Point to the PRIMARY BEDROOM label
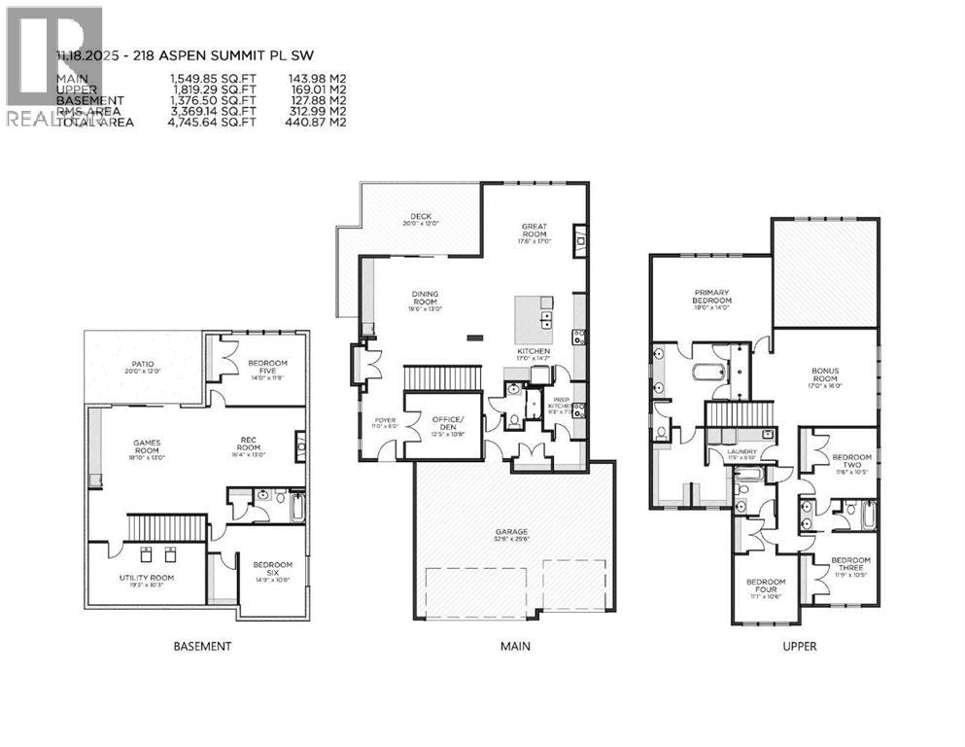[x=712, y=296]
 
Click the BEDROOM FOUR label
[x=766, y=587]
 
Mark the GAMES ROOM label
[x=153, y=448]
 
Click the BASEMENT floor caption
[x=202, y=646]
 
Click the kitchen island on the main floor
[x=534, y=315]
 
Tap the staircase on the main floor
[x=443, y=376]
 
